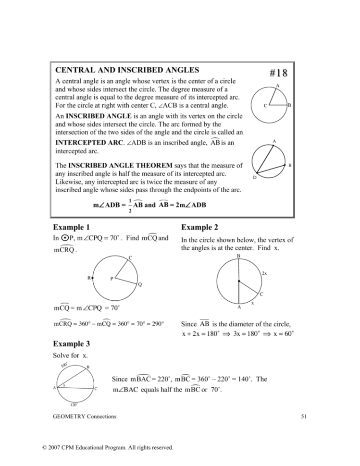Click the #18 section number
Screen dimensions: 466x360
point(278,73)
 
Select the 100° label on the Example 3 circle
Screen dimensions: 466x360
point(64,366)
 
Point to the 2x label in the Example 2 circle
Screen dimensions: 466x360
point(264,273)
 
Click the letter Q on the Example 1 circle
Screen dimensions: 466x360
point(140,284)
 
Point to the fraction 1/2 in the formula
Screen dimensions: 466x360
point(130,206)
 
